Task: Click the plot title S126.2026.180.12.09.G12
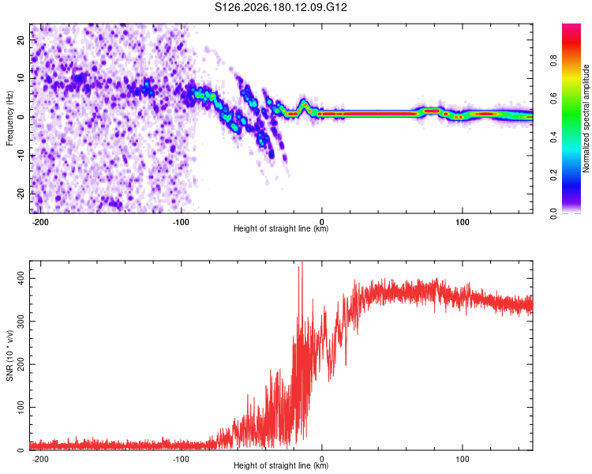pos(280,7)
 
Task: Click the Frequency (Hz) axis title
pos(9,118)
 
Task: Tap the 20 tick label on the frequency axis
pos(21,40)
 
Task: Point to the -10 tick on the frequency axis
pos(21,155)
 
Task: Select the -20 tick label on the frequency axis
pos(21,194)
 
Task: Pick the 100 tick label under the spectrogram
pos(462,222)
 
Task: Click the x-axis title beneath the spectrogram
pos(281,228)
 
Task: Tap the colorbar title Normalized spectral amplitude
pos(586,118)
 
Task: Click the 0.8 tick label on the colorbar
pos(553,60)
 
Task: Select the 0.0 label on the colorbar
pos(553,213)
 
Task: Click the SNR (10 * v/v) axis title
pos(9,355)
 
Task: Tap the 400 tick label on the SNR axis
pos(21,279)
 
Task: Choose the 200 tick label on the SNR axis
pos(21,364)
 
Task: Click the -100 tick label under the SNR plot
pos(181,459)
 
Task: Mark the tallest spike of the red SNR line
pos(302,262)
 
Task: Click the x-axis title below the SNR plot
pos(281,465)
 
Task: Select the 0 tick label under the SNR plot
pos(322,459)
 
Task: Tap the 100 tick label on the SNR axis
pos(21,407)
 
